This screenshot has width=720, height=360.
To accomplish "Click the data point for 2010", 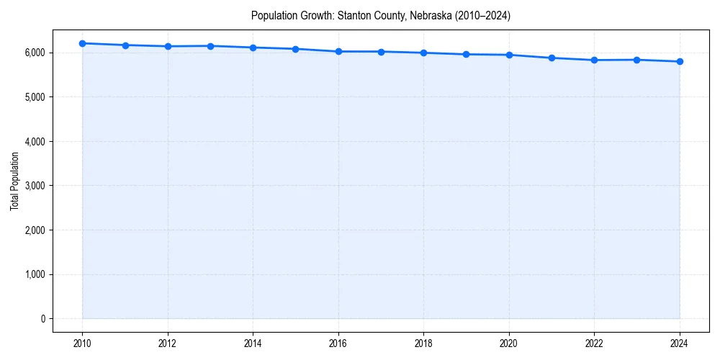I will tap(82, 43).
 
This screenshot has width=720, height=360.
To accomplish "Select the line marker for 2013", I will tap(210, 46).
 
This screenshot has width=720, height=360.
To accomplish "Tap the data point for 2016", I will tap(338, 51).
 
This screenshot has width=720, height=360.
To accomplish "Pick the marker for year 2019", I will tap(467, 54).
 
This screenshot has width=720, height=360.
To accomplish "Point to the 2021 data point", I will tap(552, 58).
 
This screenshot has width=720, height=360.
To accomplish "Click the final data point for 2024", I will tap(680, 61).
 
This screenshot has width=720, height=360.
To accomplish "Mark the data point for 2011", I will tap(125, 45).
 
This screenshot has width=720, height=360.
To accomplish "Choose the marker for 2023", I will tap(637, 60).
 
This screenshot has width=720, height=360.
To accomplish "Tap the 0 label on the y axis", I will tap(42, 319).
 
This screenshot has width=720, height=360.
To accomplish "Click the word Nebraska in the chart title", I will tap(431, 16).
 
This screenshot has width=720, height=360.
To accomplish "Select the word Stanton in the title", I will tap(353, 16).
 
